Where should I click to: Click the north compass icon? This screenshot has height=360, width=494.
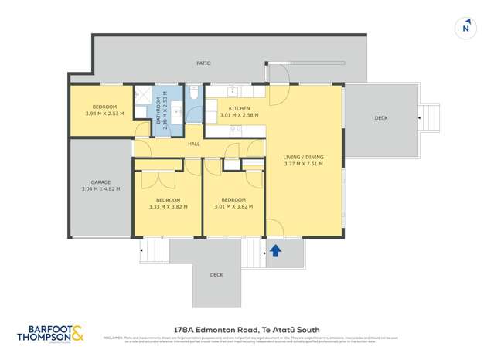point(465,28)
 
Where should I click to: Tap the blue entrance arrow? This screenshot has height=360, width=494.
point(276,250)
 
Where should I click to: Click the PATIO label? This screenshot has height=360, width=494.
point(203,63)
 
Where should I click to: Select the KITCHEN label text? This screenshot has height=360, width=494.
point(239,108)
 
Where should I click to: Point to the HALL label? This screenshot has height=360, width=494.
point(193,144)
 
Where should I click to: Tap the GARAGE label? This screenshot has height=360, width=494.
point(101,182)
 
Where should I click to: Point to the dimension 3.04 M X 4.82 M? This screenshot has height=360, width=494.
point(101,188)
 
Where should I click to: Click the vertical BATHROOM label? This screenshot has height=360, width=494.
point(158,113)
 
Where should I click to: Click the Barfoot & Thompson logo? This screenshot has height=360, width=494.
point(51,334)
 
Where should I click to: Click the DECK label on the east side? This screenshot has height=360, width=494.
point(380,118)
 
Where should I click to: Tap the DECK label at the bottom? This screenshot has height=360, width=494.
point(216,275)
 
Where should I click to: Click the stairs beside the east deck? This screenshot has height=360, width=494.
point(429,117)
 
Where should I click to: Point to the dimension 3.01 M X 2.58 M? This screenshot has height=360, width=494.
point(239,115)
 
